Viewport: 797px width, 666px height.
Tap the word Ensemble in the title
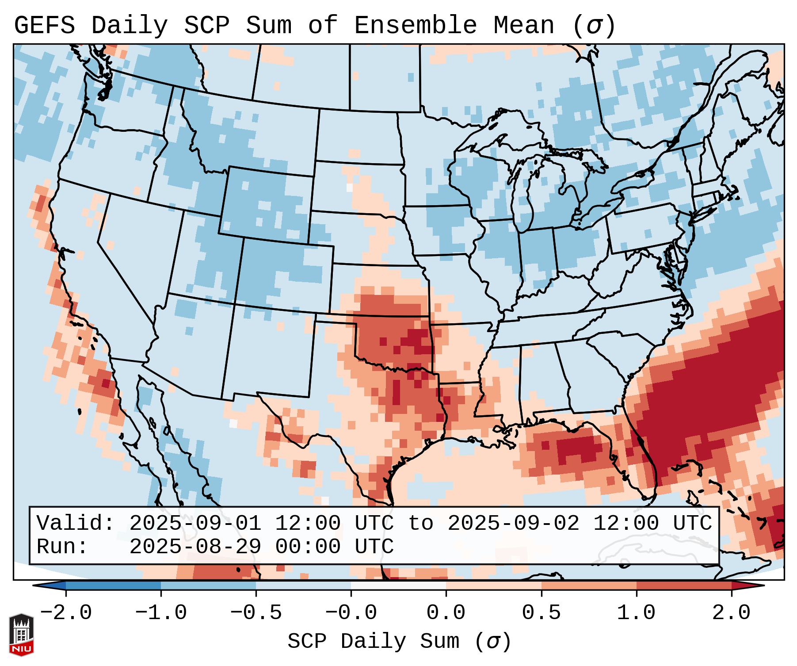[415, 26]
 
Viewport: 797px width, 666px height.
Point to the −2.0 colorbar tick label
[66, 613]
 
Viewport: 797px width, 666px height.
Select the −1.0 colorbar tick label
[161, 613]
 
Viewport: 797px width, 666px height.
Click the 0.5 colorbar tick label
[541, 613]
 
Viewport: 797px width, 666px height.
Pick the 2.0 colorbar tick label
[731, 613]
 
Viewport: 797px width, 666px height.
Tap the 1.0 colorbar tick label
[636, 613]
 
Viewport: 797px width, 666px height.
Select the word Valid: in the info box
[76, 523]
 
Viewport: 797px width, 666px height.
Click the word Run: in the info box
[62, 547]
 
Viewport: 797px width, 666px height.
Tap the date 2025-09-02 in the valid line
[513, 523]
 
